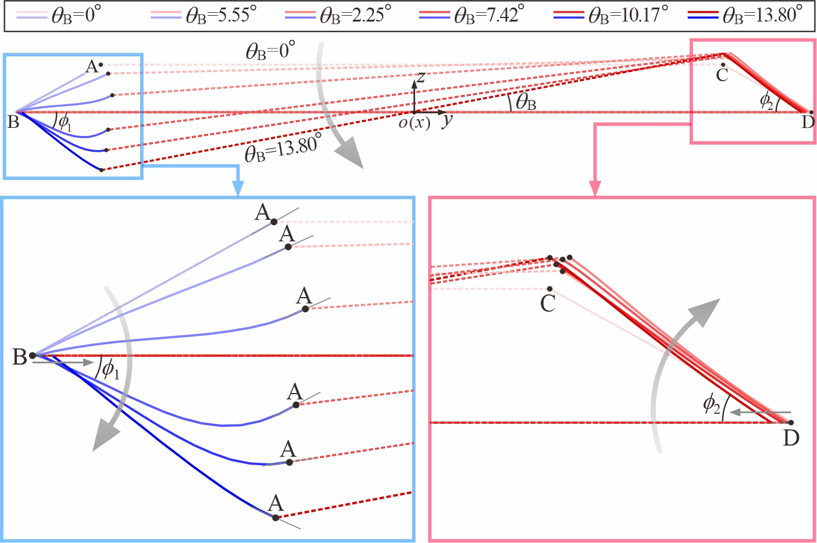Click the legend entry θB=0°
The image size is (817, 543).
(x=58, y=16)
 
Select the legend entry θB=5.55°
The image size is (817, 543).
(x=204, y=16)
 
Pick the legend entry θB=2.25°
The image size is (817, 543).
(x=338, y=16)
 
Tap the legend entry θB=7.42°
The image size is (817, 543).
(x=472, y=16)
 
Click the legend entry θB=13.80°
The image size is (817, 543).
(x=745, y=16)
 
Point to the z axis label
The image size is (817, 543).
(x=421, y=77)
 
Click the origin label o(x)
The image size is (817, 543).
(x=415, y=123)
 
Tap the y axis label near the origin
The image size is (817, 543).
(x=447, y=120)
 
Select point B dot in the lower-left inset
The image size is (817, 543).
(x=33, y=355)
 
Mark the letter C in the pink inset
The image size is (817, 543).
(x=548, y=303)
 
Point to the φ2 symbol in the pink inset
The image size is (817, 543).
(x=712, y=405)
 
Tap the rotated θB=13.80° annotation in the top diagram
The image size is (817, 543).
(x=283, y=147)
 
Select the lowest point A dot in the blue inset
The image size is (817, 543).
(x=276, y=517)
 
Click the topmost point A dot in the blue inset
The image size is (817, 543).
(x=274, y=222)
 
